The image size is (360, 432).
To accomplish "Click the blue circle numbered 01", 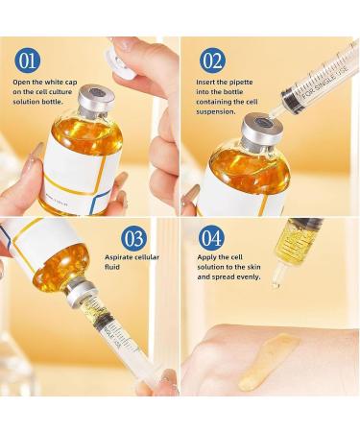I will click(28, 61).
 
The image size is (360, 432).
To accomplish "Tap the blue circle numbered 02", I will click(212, 61).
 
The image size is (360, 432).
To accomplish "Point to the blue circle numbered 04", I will click(212, 238).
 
